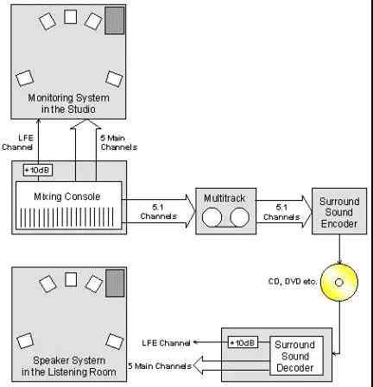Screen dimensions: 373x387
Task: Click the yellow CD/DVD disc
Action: (x=339, y=283)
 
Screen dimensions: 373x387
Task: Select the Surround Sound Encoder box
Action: (x=339, y=211)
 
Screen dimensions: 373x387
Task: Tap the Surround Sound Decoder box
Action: (x=296, y=356)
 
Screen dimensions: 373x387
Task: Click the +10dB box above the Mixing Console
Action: (x=38, y=170)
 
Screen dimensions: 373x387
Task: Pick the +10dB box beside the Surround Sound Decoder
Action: (x=243, y=342)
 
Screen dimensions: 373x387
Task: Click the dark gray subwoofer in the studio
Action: (x=115, y=21)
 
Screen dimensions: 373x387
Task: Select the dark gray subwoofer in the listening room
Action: (x=115, y=283)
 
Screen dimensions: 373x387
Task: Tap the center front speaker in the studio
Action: (x=70, y=17)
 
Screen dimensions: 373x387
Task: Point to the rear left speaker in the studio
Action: (x=25, y=78)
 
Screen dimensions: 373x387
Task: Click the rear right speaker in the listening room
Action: (x=115, y=341)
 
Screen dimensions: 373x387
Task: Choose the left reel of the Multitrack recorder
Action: (x=212, y=217)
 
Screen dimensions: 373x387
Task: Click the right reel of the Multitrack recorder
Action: (x=240, y=217)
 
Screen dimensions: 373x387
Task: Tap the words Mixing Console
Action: (x=67, y=197)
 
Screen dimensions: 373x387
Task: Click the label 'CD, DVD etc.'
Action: (x=292, y=282)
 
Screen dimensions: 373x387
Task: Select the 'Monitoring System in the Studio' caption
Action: (x=68, y=103)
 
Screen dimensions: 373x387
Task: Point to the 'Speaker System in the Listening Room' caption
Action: (x=69, y=366)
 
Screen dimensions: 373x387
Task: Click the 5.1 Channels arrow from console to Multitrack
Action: (x=159, y=211)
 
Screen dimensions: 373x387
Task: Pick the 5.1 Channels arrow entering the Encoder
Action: (x=284, y=211)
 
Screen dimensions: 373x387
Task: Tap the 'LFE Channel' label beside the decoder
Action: (x=166, y=343)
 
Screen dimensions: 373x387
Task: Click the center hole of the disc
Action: (x=339, y=283)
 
